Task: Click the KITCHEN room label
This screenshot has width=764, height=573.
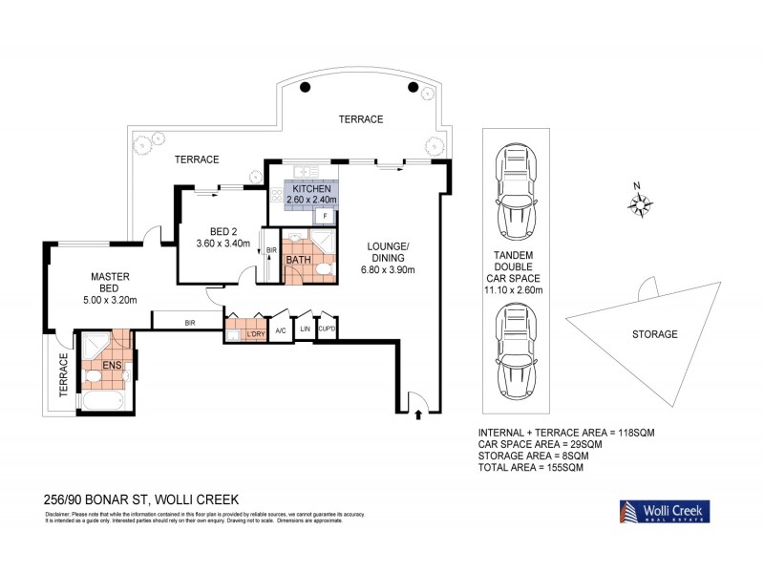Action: coord(312,189)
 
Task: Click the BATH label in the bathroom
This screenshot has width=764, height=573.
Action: coord(297,260)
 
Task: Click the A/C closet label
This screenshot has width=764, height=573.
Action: coord(281,330)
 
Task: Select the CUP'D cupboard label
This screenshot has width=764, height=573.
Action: coord(328,330)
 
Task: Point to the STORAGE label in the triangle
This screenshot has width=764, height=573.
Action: coord(654,334)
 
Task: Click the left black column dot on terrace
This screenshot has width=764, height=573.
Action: coord(305,88)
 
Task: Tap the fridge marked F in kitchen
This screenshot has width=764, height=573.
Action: coord(326,216)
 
